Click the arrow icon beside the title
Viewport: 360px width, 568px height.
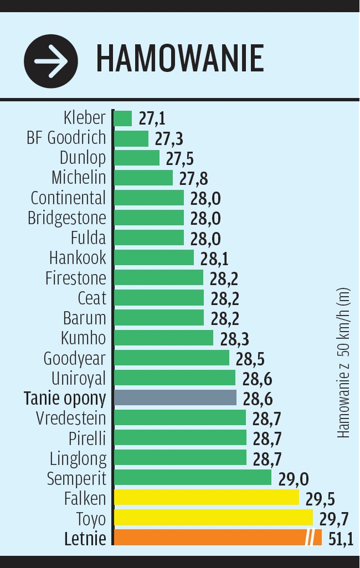click(x=51, y=59)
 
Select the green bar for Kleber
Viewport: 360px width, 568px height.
click(x=123, y=118)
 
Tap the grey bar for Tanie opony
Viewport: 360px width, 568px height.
click(x=175, y=398)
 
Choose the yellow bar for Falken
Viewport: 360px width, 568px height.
click(x=206, y=498)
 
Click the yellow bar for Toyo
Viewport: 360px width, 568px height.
click(x=213, y=518)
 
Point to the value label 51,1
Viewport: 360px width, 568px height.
click(x=341, y=539)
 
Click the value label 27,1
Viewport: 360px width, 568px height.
click(x=152, y=119)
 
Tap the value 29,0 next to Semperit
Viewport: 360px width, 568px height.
click(x=294, y=479)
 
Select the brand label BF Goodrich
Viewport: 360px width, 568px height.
click(x=66, y=138)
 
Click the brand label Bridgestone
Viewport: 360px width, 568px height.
click(x=66, y=218)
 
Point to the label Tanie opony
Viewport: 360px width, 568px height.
click(x=65, y=398)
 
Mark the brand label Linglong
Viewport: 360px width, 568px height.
click(x=78, y=458)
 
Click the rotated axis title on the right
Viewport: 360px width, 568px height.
click(x=344, y=363)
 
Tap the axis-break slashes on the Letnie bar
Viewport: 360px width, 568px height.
click(x=313, y=538)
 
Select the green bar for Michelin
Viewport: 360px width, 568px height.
click(x=143, y=178)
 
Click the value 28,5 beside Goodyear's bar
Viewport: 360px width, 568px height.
click(x=250, y=359)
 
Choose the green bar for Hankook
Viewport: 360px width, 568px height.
click(x=154, y=258)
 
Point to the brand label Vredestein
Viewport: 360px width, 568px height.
click(x=71, y=418)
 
